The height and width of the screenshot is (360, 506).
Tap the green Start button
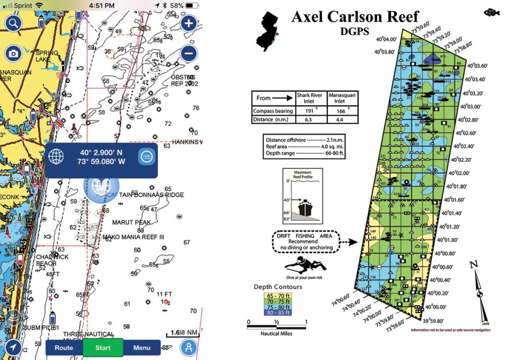pyautogui.click(x=103, y=348)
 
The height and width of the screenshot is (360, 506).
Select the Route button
pyautogui.click(x=64, y=348)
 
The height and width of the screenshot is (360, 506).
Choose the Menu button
pyautogui.click(x=142, y=348)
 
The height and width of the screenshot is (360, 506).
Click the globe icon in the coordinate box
pyautogui.click(x=57, y=157)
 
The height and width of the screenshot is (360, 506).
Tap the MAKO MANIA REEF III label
pyautogui.click(x=133, y=237)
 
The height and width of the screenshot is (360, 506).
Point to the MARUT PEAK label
pyautogui.click(x=131, y=223)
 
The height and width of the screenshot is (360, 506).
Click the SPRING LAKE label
pyautogui.click(x=46, y=56)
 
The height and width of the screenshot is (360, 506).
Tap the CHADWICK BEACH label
pyautogui.click(x=52, y=261)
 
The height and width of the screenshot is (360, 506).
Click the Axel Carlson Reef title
pyautogui.click(x=355, y=16)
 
